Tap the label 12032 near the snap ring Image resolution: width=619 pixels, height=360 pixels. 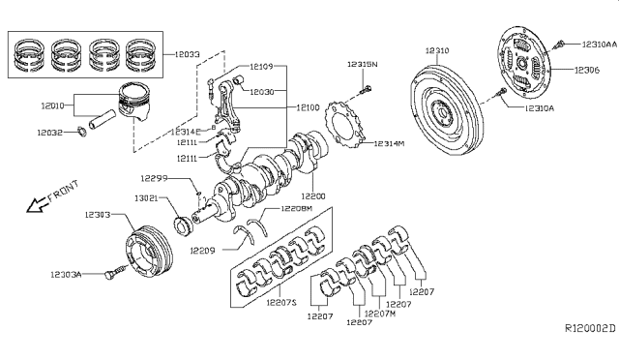pos(51,133)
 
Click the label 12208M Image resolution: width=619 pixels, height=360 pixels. pos(296,208)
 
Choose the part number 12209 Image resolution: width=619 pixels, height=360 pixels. pos(201,251)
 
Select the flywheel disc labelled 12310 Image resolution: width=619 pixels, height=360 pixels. pos(439,48)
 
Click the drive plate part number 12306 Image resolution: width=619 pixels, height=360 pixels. pos(587,71)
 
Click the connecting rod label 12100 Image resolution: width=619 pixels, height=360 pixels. pos(308,107)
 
